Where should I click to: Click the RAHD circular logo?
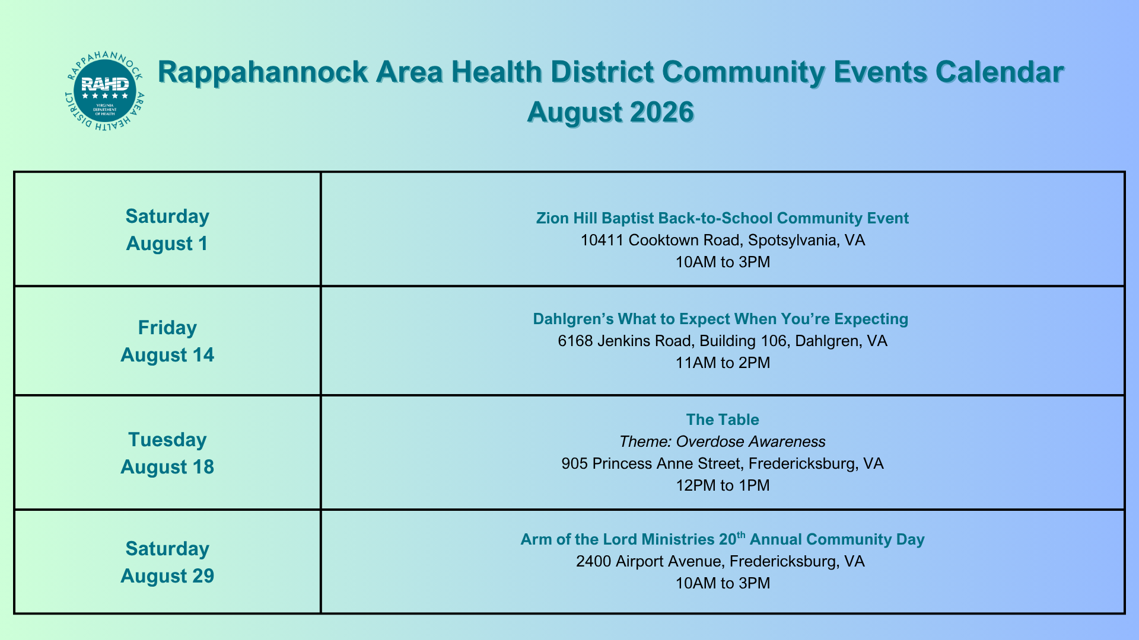click(104, 91)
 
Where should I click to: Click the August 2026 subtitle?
click(610, 112)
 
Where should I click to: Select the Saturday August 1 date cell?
click(167, 229)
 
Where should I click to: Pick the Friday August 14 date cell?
click(167, 341)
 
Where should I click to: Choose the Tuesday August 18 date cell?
click(167, 453)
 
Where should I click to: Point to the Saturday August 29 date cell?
click(167, 562)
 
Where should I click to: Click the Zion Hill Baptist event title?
click(723, 218)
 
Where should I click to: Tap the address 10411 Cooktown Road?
click(723, 240)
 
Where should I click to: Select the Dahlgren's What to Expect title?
click(721, 319)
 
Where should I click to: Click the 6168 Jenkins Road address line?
click(723, 341)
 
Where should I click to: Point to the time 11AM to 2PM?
click(723, 363)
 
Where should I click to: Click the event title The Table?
click(723, 420)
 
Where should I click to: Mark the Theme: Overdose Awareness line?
click(723, 441)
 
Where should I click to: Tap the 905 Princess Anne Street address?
click(723, 463)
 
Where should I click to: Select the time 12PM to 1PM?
click(723, 485)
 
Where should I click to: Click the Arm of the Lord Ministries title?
click(723, 539)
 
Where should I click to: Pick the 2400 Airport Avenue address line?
click(720, 561)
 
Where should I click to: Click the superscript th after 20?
click(741, 535)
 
